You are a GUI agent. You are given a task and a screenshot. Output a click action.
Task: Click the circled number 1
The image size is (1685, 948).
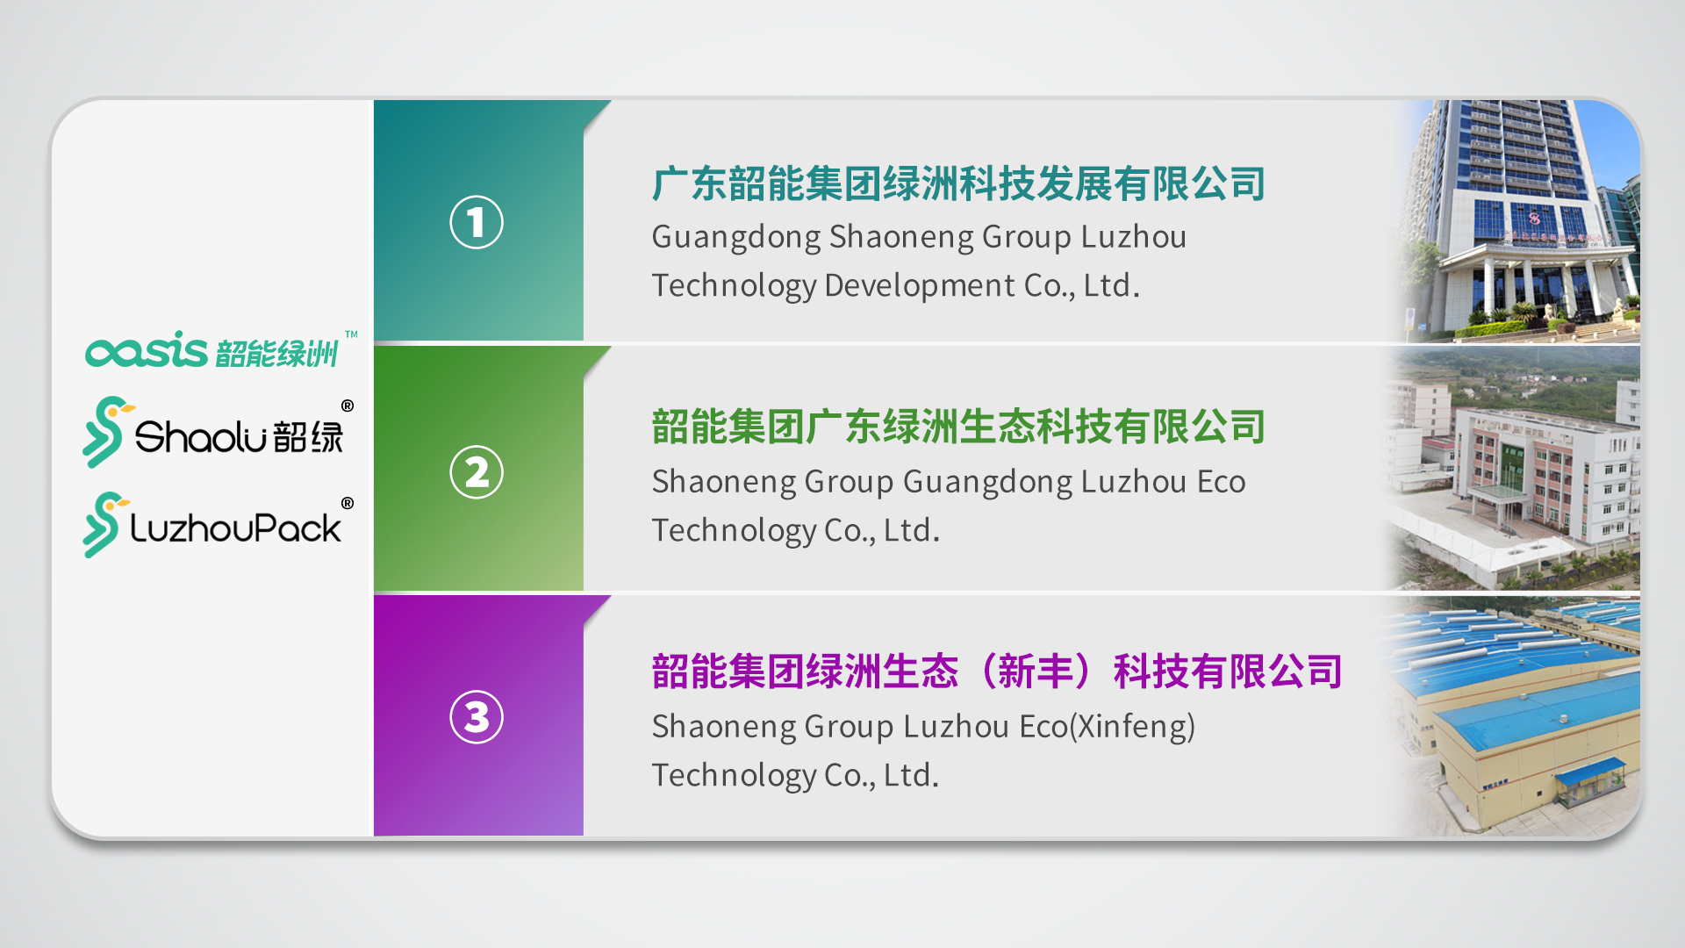pos(477,222)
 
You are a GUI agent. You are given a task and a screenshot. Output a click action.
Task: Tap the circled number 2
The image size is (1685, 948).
pos(477,472)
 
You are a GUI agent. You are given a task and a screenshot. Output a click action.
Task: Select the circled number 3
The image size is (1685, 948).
pos(477,717)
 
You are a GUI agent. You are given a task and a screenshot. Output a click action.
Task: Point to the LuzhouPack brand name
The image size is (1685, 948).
pos(235,528)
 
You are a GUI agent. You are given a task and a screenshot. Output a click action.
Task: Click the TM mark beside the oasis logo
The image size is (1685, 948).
pos(351,334)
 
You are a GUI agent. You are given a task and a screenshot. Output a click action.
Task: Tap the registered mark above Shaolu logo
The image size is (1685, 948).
pos(348,406)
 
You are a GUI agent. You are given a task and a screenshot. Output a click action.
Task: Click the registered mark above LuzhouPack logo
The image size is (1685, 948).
pos(348,503)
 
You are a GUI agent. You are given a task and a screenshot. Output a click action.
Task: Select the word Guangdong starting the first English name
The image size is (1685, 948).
pos(735,238)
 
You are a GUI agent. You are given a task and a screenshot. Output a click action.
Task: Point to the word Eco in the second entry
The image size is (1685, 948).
pos(1221,482)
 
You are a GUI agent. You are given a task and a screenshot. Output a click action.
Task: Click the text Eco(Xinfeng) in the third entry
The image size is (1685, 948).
pos(1107,727)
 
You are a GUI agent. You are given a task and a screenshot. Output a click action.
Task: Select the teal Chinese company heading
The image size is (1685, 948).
pos(958,184)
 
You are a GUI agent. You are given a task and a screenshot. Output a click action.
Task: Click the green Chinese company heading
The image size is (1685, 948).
pos(958,427)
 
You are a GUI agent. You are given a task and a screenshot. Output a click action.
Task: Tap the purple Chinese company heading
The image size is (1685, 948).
pos(997,672)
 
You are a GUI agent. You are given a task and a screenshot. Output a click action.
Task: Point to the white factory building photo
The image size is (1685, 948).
pos(1514,468)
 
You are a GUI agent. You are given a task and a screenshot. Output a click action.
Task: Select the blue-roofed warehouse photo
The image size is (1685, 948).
pos(1514,715)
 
